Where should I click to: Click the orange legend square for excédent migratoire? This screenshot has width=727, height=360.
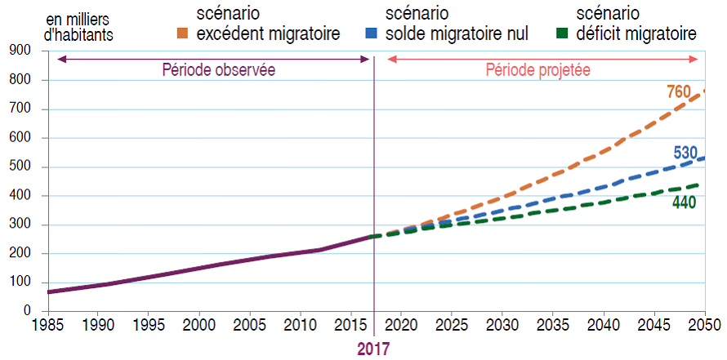click(182, 34)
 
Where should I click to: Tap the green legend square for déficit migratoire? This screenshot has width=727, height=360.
click(561, 34)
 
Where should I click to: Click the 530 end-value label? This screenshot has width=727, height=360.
click(686, 153)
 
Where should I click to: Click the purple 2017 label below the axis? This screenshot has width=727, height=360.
click(373, 349)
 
